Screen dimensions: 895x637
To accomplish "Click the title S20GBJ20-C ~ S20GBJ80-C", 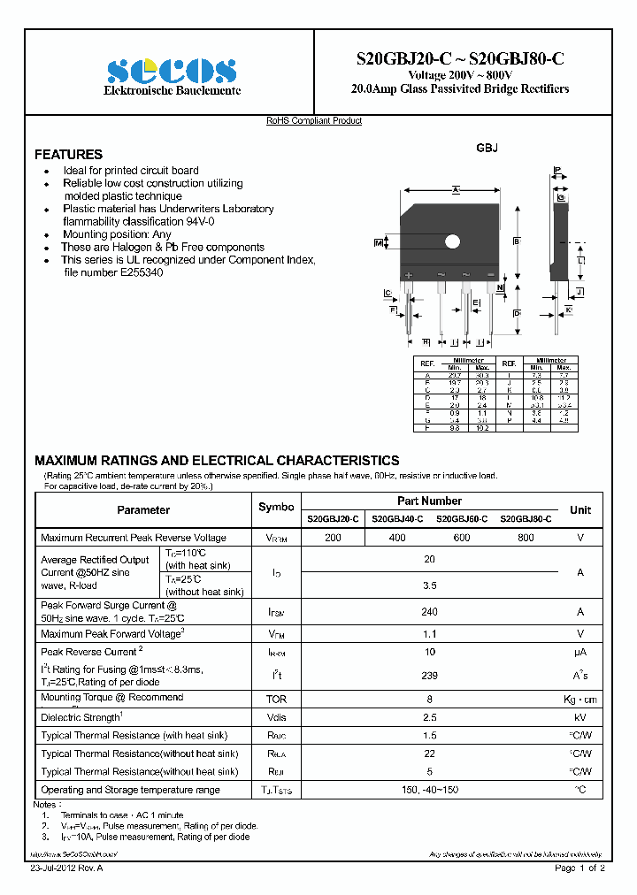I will click(459, 58).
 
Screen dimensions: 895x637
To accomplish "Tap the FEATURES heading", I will click(68, 154).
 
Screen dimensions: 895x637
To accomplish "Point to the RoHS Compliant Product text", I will click(314, 121).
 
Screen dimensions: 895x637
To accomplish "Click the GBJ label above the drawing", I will click(487, 149).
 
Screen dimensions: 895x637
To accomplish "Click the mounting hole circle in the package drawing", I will click(453, 241).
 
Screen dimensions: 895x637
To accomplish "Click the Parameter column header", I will click(143, 510).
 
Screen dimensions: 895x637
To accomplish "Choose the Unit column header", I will click(580, 510).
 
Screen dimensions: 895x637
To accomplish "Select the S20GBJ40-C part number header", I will click(397, 519).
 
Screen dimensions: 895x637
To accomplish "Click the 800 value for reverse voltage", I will click(526, 538).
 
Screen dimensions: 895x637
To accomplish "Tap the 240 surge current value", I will click(430, 611).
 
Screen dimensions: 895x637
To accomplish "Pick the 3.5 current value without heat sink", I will click(430, 585).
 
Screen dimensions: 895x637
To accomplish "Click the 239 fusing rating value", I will click(430, 675).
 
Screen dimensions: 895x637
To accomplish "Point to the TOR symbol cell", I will click(276, 699).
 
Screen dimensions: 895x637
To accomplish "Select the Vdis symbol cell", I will click(276, 717).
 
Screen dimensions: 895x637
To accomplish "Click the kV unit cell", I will click(580, 717).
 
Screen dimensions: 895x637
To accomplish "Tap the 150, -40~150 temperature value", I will click(430, 790).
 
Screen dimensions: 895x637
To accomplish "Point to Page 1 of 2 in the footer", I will click(579, 869).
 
